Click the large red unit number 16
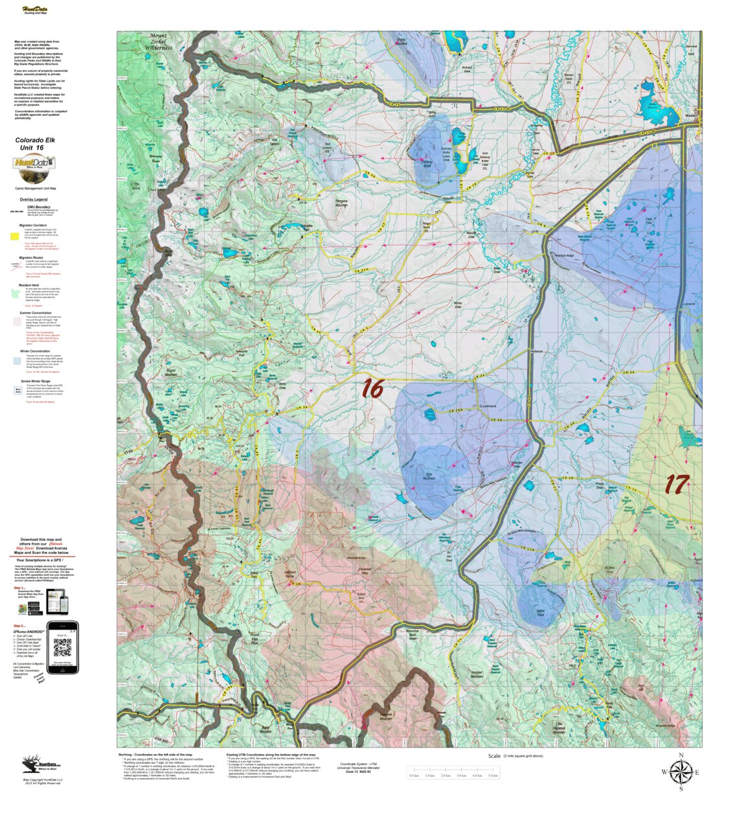pyautogui.click(x=372, y=388)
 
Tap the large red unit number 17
pyautogui.click(x=677, y=484)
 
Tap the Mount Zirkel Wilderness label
pyautogui.click(x=159, y=41)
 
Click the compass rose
pyautogui.click(x=681, y=772)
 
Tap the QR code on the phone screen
pyautogui.click(x=62, y=647)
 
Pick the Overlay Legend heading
pyautogui.click(x=33, y=200)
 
